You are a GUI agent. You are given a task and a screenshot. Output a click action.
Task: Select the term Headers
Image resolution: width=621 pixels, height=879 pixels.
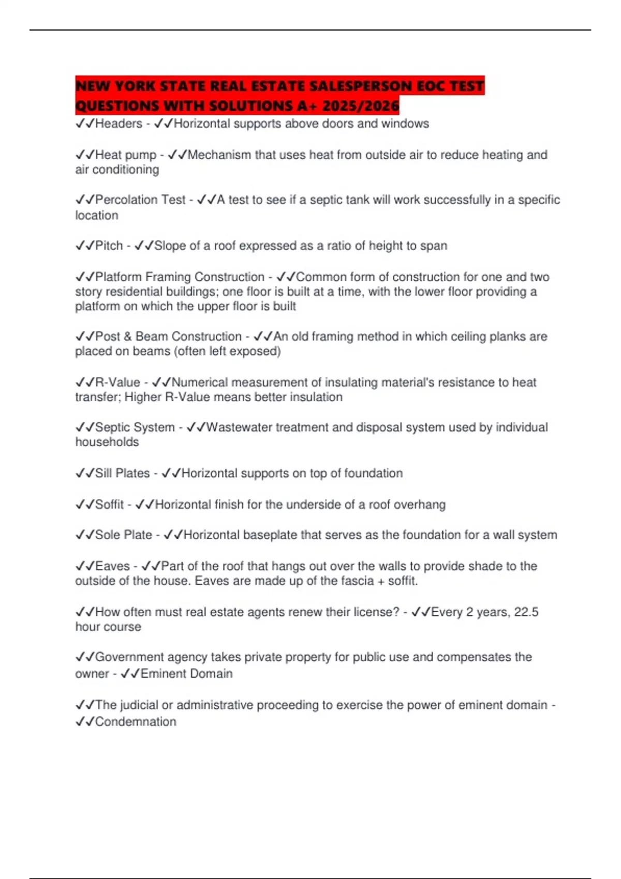coord(119,124)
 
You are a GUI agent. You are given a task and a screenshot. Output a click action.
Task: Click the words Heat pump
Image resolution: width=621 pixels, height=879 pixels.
coord(126,155)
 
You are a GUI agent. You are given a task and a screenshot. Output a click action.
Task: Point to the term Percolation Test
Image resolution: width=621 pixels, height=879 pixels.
coord(140,200)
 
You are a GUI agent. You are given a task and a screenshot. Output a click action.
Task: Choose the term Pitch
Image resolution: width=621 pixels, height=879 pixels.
coord(109,246)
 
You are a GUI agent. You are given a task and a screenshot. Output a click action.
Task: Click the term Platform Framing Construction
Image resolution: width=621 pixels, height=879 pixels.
coord(180,277)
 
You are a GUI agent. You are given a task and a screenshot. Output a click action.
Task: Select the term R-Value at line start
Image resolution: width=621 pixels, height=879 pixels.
coord(117,383)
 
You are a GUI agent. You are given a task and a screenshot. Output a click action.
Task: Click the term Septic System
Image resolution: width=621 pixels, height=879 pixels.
coord(135,428)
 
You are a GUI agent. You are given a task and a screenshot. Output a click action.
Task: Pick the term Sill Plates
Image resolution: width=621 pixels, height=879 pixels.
coord(123,473)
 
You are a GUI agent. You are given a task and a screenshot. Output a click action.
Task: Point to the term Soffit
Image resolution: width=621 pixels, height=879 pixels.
coord(110,505)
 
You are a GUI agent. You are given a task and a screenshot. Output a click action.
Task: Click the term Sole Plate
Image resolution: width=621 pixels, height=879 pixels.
coord(124,535)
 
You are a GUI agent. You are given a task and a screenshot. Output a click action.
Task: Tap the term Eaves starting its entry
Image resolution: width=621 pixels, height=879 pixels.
coord(112,566)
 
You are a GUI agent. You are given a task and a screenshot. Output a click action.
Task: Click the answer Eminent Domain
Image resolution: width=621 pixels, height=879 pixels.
coord(186,674)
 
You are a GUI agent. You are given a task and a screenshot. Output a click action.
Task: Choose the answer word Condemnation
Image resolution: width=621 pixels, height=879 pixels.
coord(136,722)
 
